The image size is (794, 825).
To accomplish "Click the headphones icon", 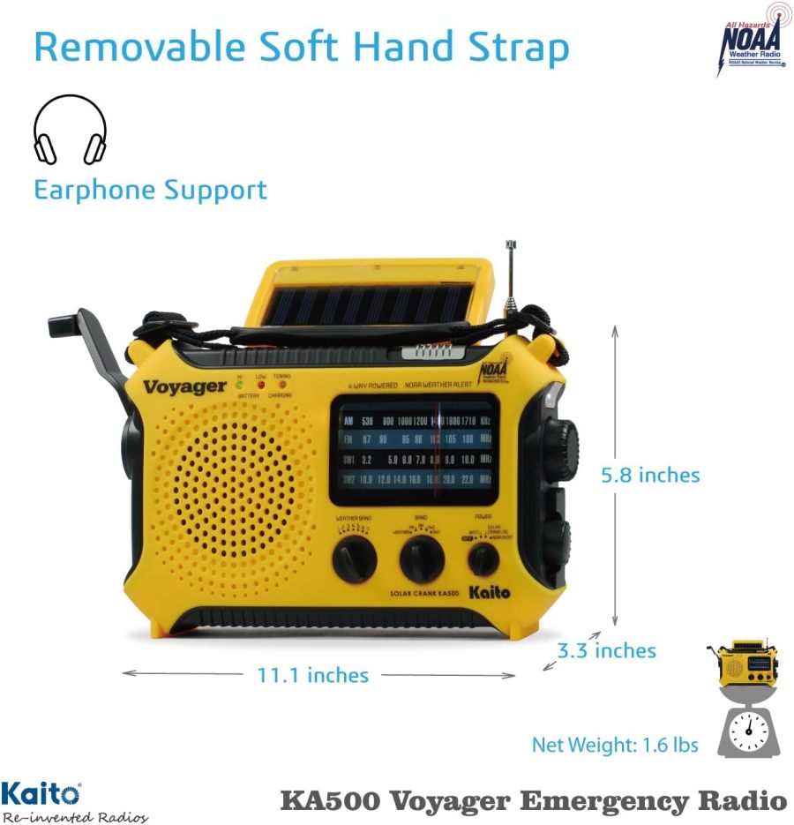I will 70,130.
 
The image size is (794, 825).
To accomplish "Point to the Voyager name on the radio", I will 184,386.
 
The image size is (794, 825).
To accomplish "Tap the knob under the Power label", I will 483,559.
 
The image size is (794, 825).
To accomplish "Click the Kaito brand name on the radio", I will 490,593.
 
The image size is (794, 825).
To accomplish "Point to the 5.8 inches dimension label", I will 650,475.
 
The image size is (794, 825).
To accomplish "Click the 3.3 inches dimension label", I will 607,651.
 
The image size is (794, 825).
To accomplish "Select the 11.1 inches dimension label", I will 313,676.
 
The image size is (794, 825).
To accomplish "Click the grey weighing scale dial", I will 749,728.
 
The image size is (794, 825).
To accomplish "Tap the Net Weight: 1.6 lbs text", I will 615,746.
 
